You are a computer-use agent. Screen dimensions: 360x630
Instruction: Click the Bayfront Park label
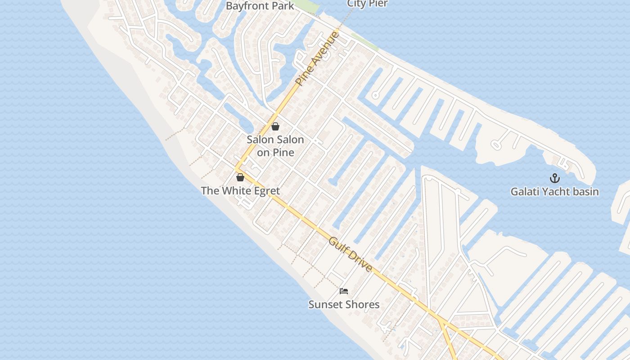[x=260, y=6]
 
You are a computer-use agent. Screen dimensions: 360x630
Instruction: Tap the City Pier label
[x=367, y=4]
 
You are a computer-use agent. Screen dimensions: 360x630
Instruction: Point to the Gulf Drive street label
[x=351, y=254]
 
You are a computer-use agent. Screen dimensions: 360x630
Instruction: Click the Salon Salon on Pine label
[x=275, y=146]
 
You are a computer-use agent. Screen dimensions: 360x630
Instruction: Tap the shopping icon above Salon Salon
[x=275, y=126]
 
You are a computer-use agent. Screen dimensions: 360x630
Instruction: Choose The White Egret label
[x=240, y=190]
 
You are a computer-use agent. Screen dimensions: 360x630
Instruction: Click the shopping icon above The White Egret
[x=240, y=177]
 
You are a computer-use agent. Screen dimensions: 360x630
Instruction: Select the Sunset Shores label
[x=344, y=304]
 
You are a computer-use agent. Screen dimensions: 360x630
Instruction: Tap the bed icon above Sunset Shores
[x=344, y=291]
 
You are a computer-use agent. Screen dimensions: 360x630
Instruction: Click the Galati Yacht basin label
[x=554, y=191]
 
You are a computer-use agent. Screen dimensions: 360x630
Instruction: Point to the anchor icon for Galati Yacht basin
[x=554, y=178]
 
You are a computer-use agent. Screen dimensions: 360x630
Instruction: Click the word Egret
[x=265, y=190]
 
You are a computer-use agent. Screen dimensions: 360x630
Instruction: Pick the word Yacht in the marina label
[x=554, y=191]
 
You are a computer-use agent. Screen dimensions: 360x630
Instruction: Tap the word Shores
[x=362, y=304]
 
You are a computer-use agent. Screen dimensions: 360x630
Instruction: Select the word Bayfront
[x=247, y=6]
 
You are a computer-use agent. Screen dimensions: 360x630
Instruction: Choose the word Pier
[x=378, y=4]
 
